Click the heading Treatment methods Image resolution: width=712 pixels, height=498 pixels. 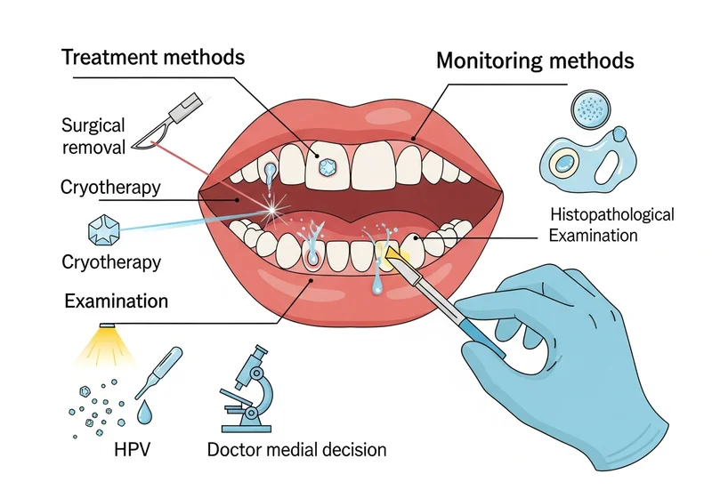click(153, 59)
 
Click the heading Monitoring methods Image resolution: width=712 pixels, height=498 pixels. click(535, 61)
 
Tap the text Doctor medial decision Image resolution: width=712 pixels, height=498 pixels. click(296, 449)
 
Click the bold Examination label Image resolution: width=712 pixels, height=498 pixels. click(116, 301)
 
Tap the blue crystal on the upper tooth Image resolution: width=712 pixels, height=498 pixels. click(327, 166)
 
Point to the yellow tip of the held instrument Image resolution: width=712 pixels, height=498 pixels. click(390, 257)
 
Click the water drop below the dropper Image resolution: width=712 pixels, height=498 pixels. click(145, 412)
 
